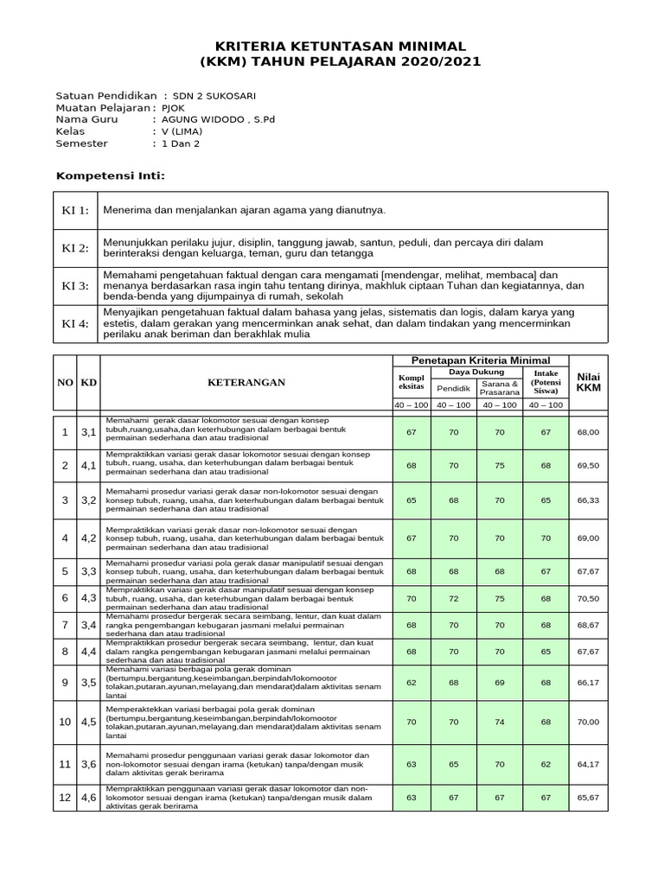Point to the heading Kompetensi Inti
110,175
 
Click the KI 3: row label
73,285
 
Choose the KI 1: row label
73,211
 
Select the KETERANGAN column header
246,382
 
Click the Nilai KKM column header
588,382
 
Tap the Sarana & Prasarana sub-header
501,387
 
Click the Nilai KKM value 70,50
588,598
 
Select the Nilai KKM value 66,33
588,500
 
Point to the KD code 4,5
88,721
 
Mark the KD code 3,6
88,764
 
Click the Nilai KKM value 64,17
588,764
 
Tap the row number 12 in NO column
65,798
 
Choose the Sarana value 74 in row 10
501,721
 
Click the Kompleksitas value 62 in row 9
411,682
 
